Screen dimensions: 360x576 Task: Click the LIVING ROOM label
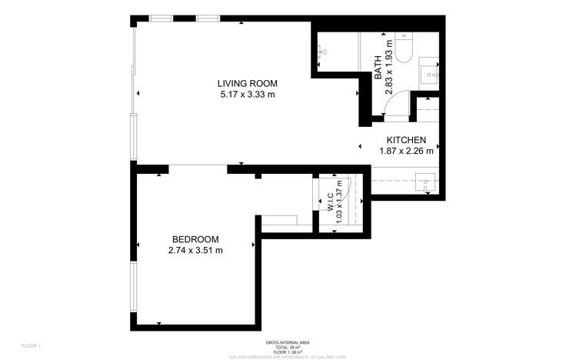247,83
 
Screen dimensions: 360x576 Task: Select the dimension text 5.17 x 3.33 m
247,95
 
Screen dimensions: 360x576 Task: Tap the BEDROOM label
195,239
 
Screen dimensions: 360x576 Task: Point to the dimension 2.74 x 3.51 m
195,251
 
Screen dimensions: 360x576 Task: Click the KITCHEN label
406,139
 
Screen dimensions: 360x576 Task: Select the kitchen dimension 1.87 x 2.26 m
406,151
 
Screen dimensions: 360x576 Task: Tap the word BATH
378,69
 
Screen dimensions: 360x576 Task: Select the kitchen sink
425,185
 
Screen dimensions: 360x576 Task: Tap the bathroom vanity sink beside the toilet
428,74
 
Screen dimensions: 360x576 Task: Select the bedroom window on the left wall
134,287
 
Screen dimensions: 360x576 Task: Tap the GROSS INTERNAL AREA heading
287,342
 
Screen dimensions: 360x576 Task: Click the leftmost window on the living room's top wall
161,18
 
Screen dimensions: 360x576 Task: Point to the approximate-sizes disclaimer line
287,356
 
